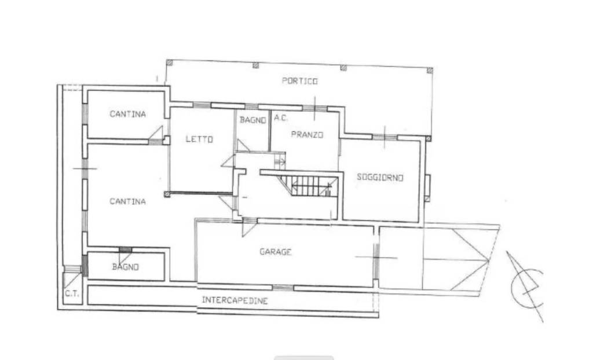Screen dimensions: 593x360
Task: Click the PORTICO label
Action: coord(299,81)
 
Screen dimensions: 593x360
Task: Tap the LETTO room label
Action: coord(199,139)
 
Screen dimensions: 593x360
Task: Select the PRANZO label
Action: coord(307,135)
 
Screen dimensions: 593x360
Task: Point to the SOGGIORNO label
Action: coord(380,177)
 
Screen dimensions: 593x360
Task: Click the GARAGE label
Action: coord(275,251)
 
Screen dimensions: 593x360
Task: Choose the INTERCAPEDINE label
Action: coord(235,300)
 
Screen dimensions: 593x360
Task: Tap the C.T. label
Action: coord(71,293)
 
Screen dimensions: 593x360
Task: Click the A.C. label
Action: coord(281,118)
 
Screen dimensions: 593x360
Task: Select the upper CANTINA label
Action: coord(127,114)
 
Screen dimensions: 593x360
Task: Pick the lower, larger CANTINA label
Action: coord(127,201)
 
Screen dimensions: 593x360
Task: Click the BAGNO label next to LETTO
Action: coord(252,120)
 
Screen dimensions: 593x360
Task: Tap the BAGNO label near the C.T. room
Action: coord(126,267)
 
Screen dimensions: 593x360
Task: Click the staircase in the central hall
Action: coord(308,185)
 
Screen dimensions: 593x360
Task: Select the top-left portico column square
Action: coord(170,63)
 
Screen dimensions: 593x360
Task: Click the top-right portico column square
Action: coord(430,71)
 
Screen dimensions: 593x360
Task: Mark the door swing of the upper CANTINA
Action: coord(156,133)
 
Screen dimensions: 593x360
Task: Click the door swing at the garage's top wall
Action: coord(249,228)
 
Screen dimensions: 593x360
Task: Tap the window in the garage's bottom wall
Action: coord(283,288)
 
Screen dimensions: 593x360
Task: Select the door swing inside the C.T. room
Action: coord(72,279)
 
